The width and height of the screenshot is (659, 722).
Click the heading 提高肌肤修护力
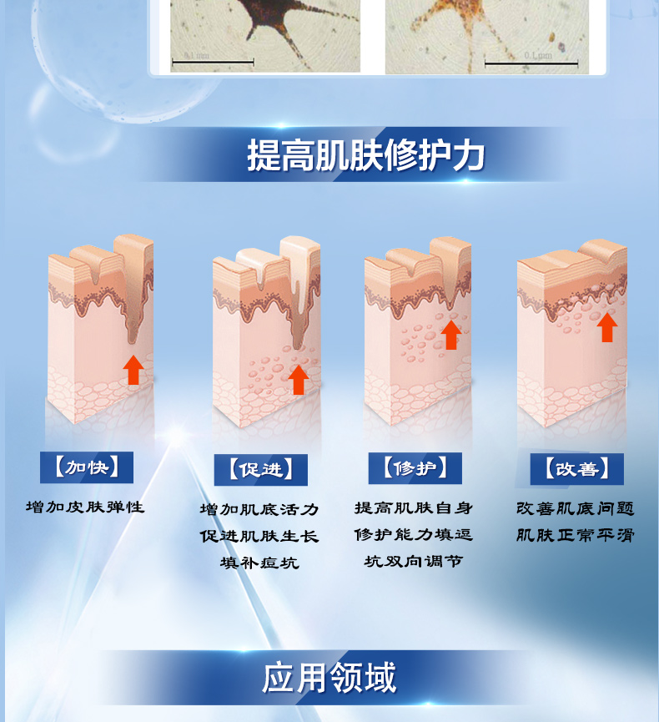pyautogui.click(x=366, y=155)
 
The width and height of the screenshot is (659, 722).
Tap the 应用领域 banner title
pyautogui.click(x=329, y=677)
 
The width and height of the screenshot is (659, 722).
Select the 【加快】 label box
pyautogui.click(x=87, y=467)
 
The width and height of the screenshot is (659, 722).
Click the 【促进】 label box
pyautogui.click(x=261, y=470)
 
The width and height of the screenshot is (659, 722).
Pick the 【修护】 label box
pyautogui.click(x=415, y=468)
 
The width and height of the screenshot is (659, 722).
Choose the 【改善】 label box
pyautogui.click(x=577, y=469)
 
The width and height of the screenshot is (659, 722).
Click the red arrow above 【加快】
pyautogui.click(x=133, y=370)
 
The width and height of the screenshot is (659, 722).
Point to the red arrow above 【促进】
pyautogui.click(x=298, y=380)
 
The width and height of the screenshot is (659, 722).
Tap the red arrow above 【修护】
pyautogui.click(x=451, y=335)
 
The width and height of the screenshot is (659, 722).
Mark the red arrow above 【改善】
pyautogui.click(x=607, y=327)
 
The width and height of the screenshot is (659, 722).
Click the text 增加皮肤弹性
pyautogui.click(x=85, y=507)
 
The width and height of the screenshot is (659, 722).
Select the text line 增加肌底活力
pyautogui.click(x=259, y=509)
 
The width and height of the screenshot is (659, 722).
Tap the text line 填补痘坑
pyautogui.click(x=259, y=563)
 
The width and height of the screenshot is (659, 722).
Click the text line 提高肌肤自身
pyautogui.click(x=414, y=507)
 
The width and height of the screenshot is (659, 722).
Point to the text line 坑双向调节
pyautogui.click(x=414, y=561)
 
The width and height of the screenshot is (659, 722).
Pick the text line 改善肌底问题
pyautogui.click(x=576, y=508)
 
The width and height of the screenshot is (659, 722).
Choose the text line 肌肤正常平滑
pyautogui.click(x=576, y=535)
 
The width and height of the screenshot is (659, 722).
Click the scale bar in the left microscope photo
pyautogui.click(x=213, y=61)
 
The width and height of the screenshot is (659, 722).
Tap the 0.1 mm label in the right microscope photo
pyautogui.click(x=538, y=56)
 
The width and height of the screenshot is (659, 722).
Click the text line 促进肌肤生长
pyautogui.click(x=259, y=536)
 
